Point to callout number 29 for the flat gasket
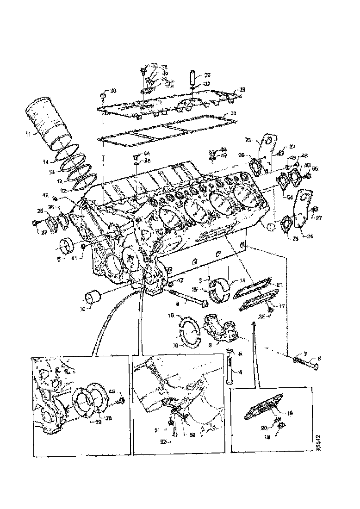233,114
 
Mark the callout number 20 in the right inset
277,427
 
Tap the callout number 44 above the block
147,153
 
